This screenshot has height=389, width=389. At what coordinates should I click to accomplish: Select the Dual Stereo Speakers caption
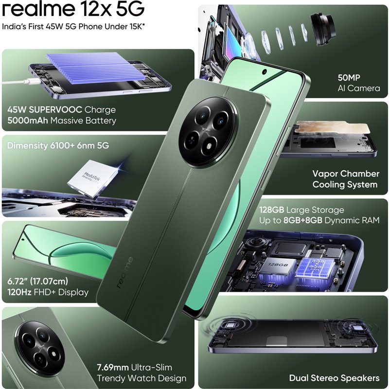334,378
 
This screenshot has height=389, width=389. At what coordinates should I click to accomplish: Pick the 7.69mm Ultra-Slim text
134,367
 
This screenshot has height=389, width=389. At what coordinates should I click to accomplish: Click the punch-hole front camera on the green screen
264,71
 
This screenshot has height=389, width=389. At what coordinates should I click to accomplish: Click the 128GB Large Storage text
302,210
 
